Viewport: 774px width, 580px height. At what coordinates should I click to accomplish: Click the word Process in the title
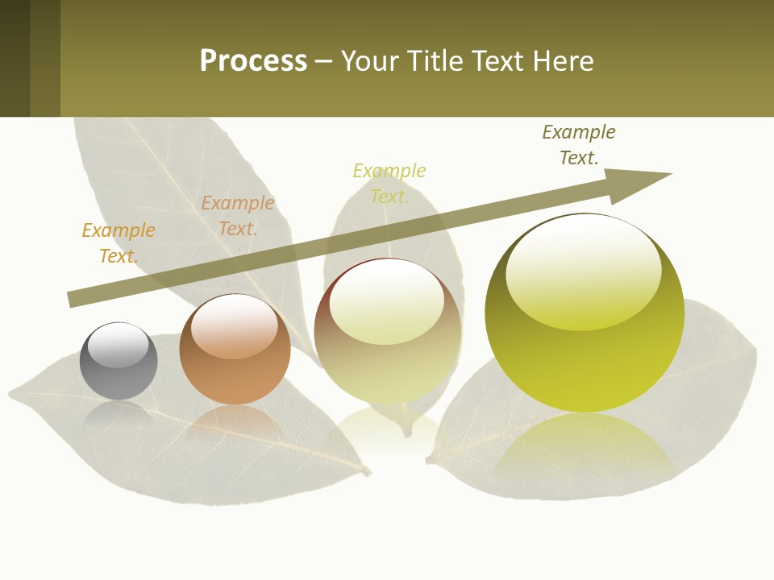pos(253,61)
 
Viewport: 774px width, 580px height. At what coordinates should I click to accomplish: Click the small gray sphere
pos(119,362)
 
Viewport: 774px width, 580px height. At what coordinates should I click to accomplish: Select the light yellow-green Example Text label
pos(389,184)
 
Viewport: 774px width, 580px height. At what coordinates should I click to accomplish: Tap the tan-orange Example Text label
pos(238,216)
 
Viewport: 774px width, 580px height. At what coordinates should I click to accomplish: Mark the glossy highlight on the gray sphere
pos(119,345)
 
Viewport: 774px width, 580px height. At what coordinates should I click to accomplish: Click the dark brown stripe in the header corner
pos(15,58)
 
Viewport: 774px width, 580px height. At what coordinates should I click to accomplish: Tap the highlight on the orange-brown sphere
pos(235,326)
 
